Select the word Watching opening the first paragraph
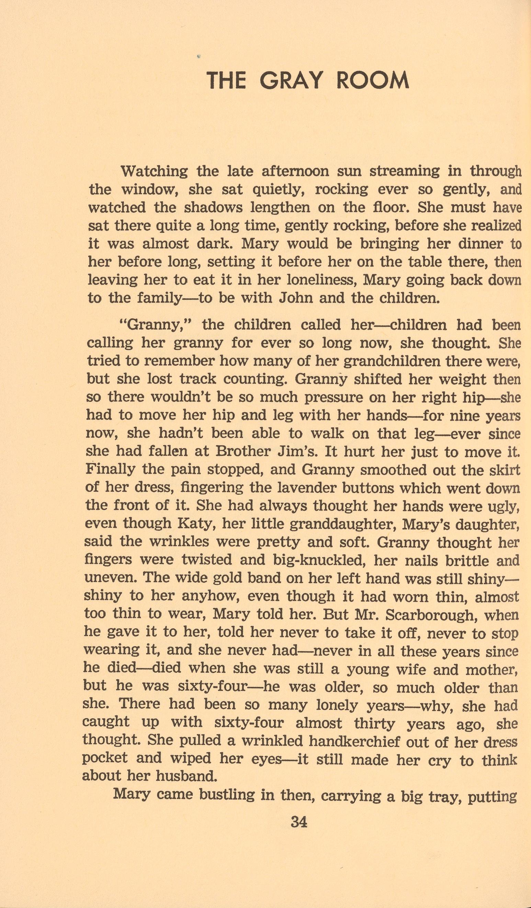click(x=154, y=171)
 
